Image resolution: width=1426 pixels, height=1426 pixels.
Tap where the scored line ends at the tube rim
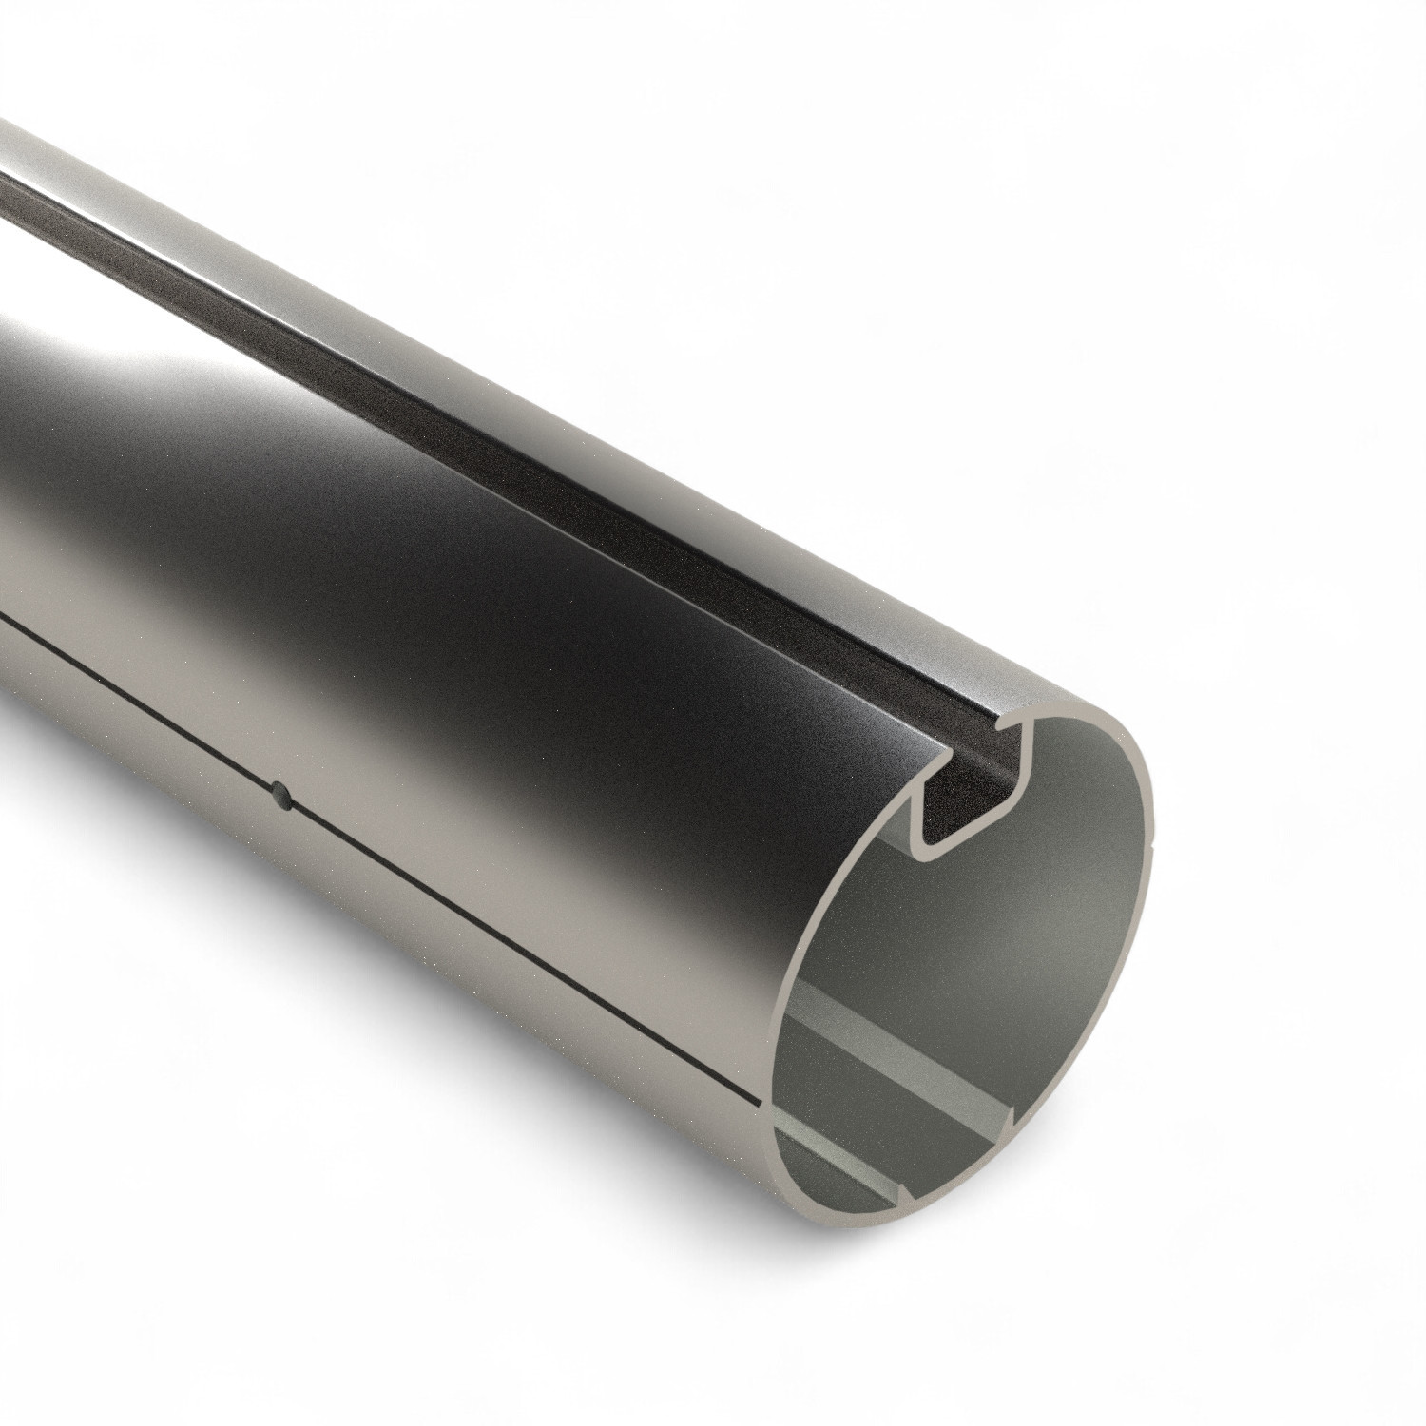tap(757, 1103)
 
